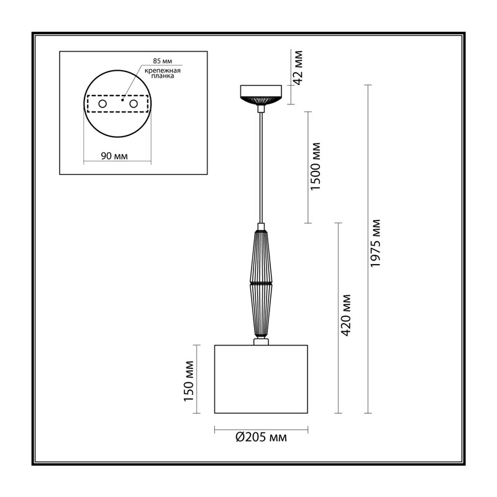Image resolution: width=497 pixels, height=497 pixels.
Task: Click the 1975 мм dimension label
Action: point(375,243)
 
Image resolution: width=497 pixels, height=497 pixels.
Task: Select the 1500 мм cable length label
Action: point(316,166)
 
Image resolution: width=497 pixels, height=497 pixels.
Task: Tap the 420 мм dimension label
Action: point(346,315)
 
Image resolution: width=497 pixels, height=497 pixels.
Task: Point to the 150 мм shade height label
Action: point(189,381)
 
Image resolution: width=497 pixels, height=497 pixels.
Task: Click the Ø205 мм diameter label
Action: point(261,437)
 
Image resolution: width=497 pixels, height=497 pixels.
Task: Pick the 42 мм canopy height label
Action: point(298,68)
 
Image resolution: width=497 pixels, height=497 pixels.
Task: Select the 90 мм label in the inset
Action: point(114,156)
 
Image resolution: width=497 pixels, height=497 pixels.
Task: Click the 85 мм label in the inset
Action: point(163,61)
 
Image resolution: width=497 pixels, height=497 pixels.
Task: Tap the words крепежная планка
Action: point(163,73)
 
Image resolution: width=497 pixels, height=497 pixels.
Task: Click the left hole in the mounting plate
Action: point(103,104)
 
